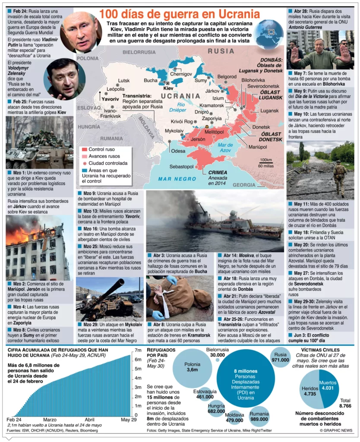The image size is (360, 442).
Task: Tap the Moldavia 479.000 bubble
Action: (235, 417)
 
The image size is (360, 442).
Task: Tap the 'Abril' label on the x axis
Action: (89, 420)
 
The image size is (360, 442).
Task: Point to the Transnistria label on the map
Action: (137, 96)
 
